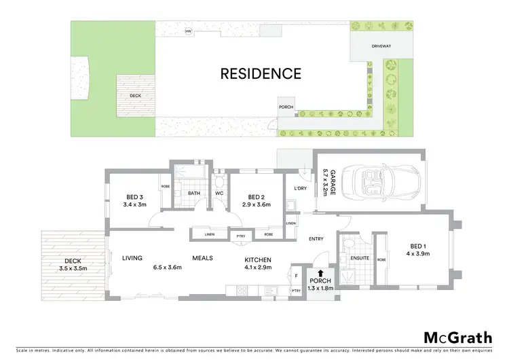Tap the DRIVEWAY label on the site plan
381,47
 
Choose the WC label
219,194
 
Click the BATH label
193,194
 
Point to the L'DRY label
300,188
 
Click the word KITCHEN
258,259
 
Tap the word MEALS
203,258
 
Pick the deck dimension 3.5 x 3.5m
73,269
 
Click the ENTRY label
316,238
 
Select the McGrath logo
458,338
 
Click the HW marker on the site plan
188,31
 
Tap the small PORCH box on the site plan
286,107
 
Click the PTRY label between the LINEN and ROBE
240,236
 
